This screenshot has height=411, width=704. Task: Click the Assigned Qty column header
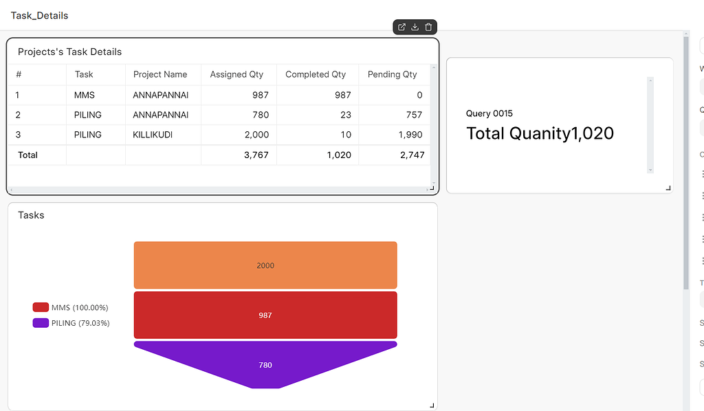[236, 74]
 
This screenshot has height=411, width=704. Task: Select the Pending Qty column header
[392, 74]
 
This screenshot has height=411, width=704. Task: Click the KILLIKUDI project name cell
[151, 135]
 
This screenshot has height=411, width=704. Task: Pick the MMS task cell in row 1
[85, 95]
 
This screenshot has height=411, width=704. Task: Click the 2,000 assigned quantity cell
[256, 135]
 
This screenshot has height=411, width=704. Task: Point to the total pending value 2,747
[412, 155]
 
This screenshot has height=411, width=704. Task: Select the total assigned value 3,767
[256, 155]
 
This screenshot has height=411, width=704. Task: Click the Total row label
[27, 155]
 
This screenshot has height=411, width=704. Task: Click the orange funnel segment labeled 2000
[265, 265]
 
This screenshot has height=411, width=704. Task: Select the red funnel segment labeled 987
[265, 315]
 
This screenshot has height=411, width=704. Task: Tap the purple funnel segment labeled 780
[265, 365]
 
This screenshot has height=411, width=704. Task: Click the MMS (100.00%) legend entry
[71, 308]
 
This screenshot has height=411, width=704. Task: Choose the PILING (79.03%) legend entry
[71, 323]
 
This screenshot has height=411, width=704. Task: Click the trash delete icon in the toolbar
[428, 27]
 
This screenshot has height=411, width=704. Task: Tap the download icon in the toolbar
[415, 27]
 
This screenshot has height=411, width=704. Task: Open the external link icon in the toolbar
[401, 27]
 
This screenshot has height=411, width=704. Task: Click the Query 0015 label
[489, 113]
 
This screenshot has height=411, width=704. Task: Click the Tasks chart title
[31, 215]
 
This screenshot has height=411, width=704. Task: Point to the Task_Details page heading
[39, 15]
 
